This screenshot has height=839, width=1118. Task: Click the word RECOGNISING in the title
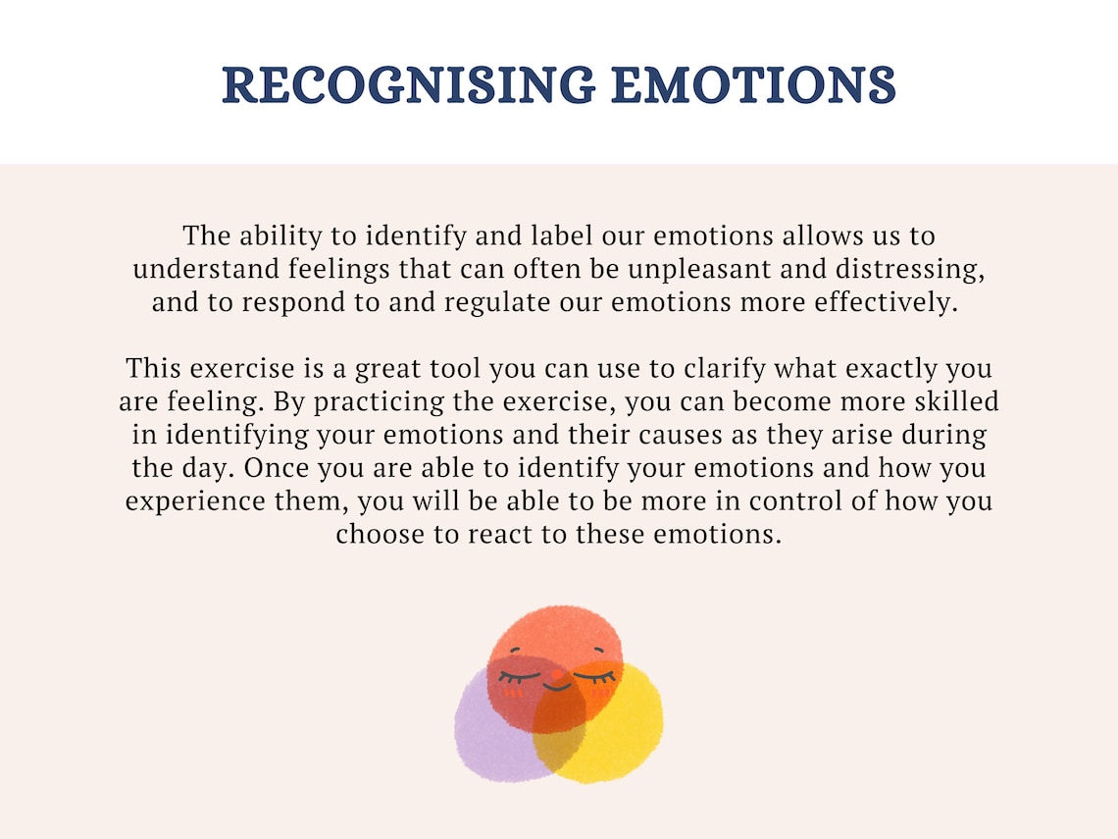[408, 85]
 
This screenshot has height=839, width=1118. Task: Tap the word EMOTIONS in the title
[753, 85]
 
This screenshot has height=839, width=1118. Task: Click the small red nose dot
[557, 675]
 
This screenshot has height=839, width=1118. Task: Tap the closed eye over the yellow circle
[593, 676]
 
